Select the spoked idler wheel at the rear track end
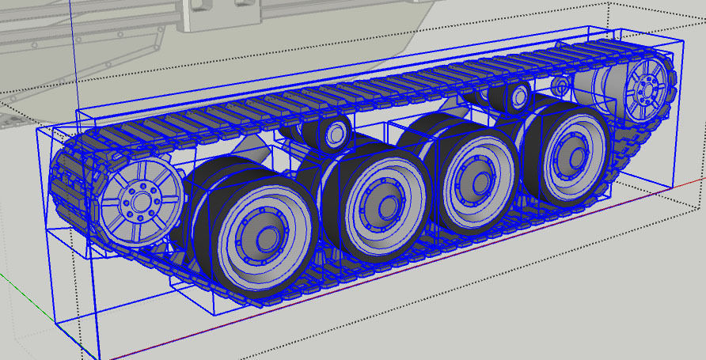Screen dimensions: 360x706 pos(648,87)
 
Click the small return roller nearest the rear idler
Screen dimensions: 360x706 pos(518,96)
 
